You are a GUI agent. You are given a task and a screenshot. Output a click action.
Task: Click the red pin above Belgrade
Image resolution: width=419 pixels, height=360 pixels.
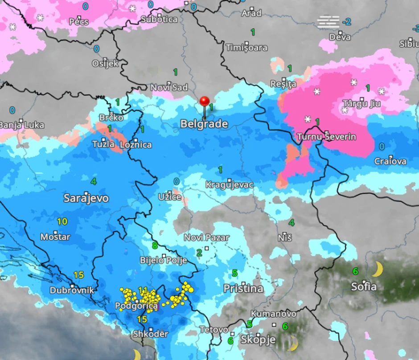pyautogui.click(x=205, y=102)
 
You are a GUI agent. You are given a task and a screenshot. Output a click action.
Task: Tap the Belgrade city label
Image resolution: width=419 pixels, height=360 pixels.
pyautogui.click(x=204, y=124)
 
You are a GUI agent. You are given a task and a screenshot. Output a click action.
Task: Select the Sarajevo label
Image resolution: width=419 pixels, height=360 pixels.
pyautogui.click(x=86, y=198)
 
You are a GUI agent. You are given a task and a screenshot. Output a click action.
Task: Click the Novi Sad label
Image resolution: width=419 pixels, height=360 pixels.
pyautogui.click(x=169, y=87)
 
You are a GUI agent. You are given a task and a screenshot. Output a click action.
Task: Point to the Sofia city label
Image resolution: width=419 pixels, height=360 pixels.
pyautogui.click(x=364, y=286)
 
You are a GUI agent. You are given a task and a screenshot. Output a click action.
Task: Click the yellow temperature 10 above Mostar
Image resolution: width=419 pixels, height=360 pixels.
pyautogui.click(x=62, y=221)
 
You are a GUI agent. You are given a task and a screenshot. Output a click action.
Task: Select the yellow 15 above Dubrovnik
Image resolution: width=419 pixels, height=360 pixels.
pyautogui.click(x=78, y=275)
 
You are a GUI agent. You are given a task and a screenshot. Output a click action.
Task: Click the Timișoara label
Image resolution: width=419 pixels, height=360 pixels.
pyautogui.click(x=246, y=48)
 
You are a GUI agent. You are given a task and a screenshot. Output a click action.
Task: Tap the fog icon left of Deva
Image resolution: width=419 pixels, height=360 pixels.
pyautogui.click(x=329, y=21)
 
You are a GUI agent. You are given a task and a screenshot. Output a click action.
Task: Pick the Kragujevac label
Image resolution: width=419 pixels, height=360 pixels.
pyautogui.click(x=230, y=184)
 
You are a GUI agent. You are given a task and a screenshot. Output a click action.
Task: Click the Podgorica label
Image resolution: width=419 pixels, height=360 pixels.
pyautogui.click(x=136, y=306)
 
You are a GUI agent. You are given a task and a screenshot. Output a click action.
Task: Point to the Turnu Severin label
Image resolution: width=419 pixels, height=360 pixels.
pyautogui.click(x=326, y=137)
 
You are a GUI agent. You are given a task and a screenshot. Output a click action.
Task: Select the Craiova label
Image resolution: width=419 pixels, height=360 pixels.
pyautogui.click(x=390, y=161)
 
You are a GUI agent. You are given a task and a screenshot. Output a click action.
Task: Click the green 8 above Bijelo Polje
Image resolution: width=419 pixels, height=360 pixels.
pyautogui.click(x=155, y=245)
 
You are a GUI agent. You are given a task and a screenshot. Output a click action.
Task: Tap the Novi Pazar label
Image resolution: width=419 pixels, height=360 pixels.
pyautogui.click(x=206, y=238)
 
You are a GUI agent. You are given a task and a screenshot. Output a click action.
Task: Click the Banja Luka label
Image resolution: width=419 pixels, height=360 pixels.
pyautogui.click(x=21, y=125)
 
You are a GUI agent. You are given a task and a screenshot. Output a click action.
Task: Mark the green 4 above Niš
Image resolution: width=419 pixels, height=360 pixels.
pyautogui.click(x=292, y=222)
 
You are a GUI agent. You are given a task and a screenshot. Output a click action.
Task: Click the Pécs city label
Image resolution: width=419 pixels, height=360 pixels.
pyautogui.click(x=79, y=21)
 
